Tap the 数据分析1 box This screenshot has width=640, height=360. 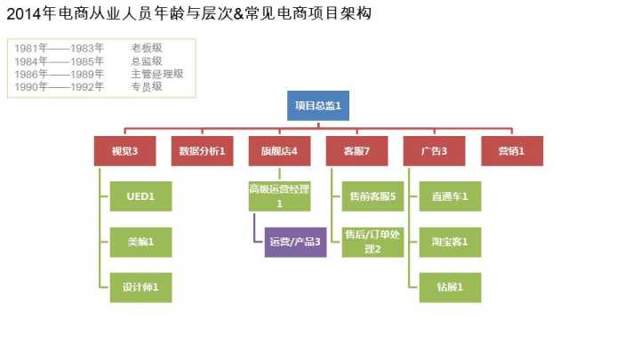pos(202,151)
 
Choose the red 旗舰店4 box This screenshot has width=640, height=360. pos(279,151)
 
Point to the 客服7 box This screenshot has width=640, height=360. pos(356,151)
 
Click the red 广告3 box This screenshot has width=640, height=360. pos(435,151)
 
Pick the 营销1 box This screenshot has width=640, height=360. pos(512,151)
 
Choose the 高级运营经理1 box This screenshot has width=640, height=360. pos(279,196)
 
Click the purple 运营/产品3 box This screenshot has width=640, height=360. pos(295,241)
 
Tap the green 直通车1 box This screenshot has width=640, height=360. pos(450,196)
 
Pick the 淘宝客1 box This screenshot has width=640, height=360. pos(450,241)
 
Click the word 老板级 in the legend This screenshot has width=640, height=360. pos(147,48)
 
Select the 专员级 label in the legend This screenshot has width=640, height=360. pos(147,87)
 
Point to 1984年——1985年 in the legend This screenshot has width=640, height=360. pos(60,61)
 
